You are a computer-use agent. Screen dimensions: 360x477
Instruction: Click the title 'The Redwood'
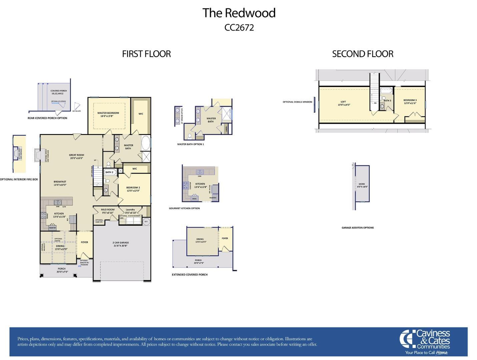tap(239, 13)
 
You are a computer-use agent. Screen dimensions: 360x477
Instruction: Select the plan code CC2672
tap(239, 27)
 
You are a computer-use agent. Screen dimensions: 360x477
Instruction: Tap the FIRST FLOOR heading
tap(146, 54)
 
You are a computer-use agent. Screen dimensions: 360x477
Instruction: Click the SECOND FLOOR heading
tap(363, 54)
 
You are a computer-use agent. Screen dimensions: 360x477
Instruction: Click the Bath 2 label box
tap(109, 172)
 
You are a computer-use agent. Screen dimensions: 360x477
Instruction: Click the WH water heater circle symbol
tap(146, 221)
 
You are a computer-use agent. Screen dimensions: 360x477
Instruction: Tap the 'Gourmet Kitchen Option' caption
tap(184, 208)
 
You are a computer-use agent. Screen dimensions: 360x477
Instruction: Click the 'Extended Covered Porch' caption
tap(189, 275)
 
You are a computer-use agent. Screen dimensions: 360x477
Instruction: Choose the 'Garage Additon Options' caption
tap(358, 228)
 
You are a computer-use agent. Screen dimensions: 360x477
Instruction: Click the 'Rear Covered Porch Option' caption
tap(47, 118)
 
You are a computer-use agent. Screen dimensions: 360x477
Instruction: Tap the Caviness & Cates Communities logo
tap(426, 342)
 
